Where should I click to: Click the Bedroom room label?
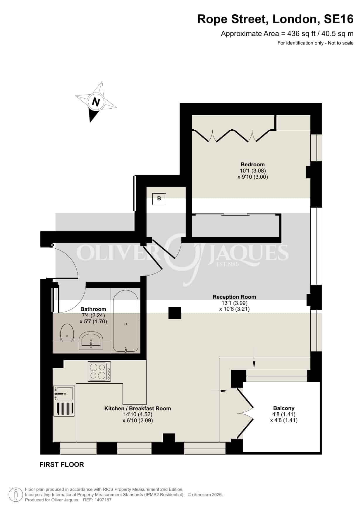[253, 165]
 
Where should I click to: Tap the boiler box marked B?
[159, 199]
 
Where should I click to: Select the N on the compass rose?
[96, 102]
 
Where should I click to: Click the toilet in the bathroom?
[67, 333]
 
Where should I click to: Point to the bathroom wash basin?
[91, 341]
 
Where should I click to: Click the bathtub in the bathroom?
[126, 321]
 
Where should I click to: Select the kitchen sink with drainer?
[64, 401]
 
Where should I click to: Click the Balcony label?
[284, 408]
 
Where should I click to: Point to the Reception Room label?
[234, 297]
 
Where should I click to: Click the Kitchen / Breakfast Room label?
[138, 408]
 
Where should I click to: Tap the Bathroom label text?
[93, 309]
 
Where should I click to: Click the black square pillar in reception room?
[175, 313]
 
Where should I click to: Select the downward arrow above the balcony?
[254, 357]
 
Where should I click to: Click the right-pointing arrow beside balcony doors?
[219, 391]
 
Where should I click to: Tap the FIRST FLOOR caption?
[62, 465]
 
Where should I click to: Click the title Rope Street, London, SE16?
[275, 19]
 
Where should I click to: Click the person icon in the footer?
[16, 495]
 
